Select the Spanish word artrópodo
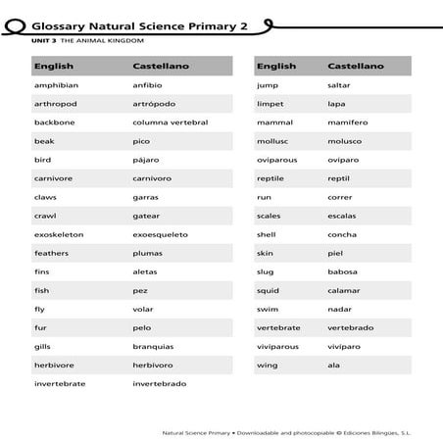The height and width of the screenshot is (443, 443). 155,104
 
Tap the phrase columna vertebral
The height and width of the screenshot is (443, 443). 170,123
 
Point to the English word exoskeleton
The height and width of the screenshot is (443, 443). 58,234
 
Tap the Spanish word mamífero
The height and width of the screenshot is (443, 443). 348,123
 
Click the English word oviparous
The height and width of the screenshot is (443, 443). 276,160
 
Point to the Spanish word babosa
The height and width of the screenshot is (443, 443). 344,271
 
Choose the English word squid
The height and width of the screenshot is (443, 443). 268,290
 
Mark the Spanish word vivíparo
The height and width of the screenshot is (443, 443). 347,346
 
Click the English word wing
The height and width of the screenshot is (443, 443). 266,365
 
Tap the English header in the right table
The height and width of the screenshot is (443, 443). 275,67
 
